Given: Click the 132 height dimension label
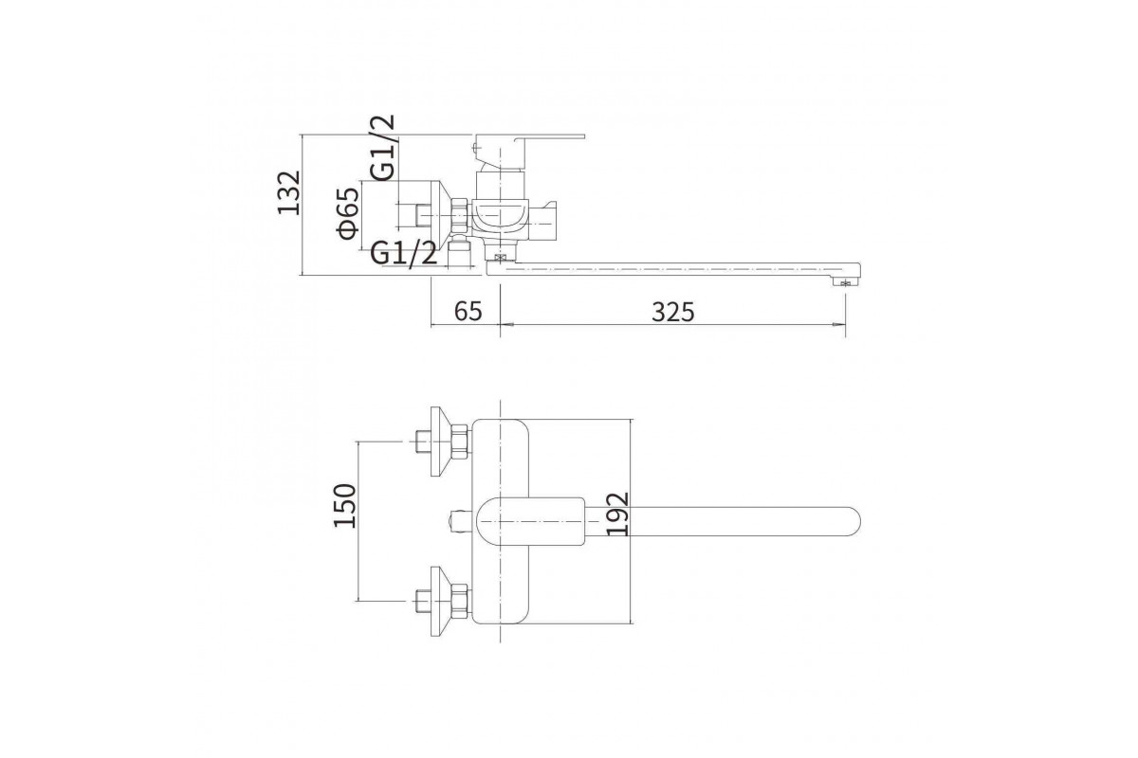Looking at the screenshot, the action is tap(289, 193).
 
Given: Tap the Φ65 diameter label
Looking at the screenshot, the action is tap(348, 214).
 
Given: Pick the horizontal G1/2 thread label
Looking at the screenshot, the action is tap(404, 252).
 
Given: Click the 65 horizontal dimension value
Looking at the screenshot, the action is tap(468, 311).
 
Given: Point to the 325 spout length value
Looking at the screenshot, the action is tap(672, 312).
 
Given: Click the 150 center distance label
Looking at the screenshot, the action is tap(345, 506).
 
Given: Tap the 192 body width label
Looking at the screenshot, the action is tap(617, 514).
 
